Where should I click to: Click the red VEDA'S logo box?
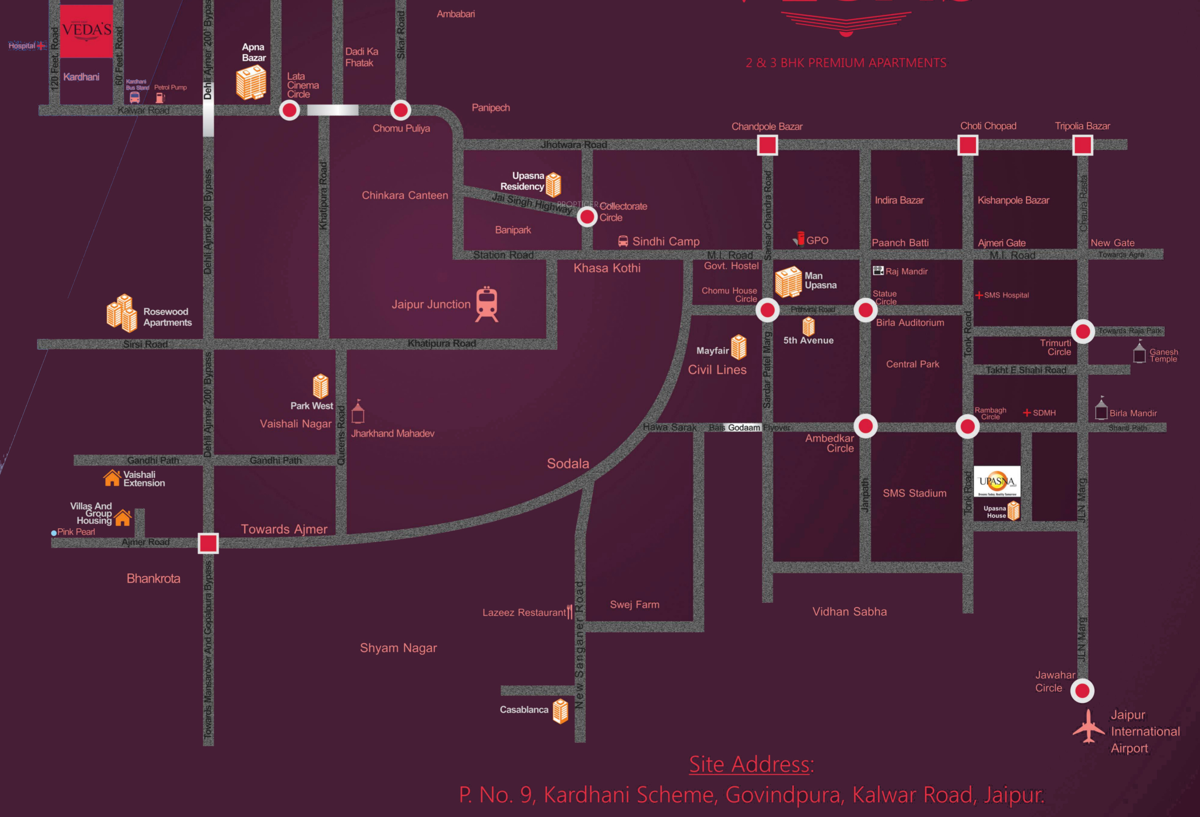click(86, 31)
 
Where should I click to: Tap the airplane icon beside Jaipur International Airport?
click(1088, 727)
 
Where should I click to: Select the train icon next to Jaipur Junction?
click(487, 304)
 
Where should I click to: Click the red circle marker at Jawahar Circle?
click(1082, 690)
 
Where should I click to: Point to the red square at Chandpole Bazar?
click(767, 145)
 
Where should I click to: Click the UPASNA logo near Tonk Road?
click(997, 481)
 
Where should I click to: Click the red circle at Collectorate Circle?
click(587, 217)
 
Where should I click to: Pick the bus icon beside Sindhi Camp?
click(623, 241)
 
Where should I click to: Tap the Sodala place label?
click(568, 463)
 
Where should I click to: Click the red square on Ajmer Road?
click(208, 543)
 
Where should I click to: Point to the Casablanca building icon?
click(560, 711)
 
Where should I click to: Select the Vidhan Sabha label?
click(849, 612)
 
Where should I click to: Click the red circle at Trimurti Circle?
click(1083, 331)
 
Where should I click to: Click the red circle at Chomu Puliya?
click(400, 110)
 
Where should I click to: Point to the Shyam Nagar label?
click(398, 648)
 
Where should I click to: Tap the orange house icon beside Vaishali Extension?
click(112, 478)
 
